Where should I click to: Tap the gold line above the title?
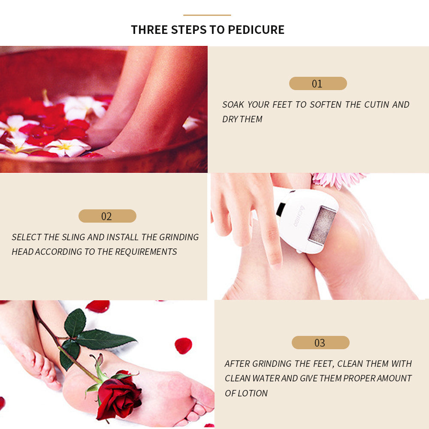pyautogui.click(x=207, y=15)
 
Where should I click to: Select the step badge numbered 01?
pyautogui.click(x=318, y=84)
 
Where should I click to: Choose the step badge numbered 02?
pyautogui.click(x=107, y=216)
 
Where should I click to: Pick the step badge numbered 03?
pyautogui.click(x=320, y=343)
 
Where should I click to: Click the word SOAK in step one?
pyautogui.click(x=233, y=105)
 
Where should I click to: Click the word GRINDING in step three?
pyautogui.click(x=272, y=364)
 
